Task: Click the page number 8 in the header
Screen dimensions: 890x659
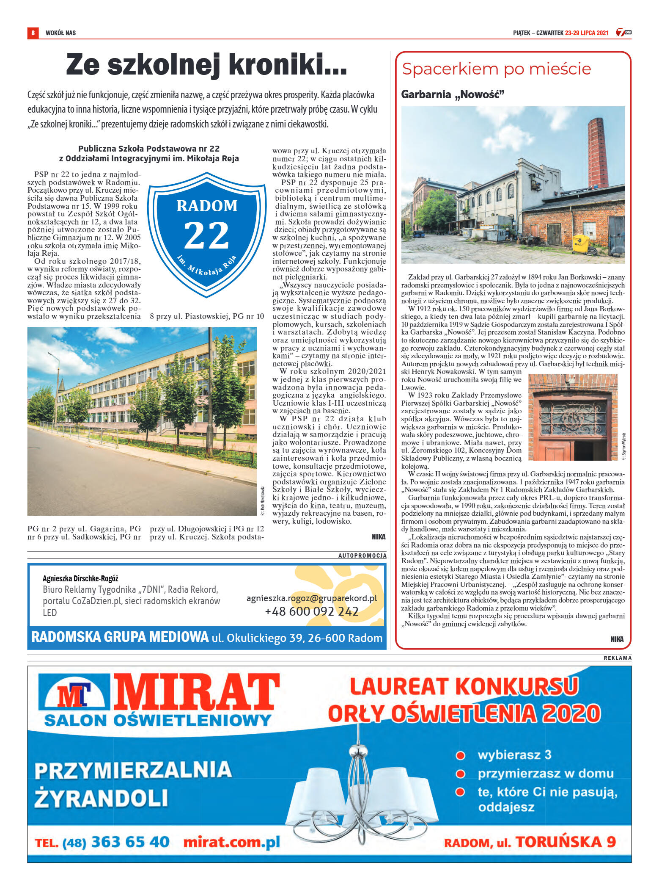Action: pyautogui.click(x=33, y=33)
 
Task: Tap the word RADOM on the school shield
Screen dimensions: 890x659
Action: pyautogui.click(x=207, y=206)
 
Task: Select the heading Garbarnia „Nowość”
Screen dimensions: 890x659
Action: pyautogui.click(x=453, y=94)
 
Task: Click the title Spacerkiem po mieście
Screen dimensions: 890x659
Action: pyautogui.click(x=496, y=69)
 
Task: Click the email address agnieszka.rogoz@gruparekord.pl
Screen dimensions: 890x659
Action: pyautogui.click(x=312, y=598)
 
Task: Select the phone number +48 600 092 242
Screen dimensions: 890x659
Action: pyautogui.click(x=312, y=611)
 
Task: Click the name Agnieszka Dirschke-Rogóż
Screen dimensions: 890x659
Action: pyautogui.click(x=80, y=578)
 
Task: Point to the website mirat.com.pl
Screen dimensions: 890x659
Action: pyautogui.click(x=231, y=842)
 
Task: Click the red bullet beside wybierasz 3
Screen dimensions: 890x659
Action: pyautogui.click(x=460, y=755)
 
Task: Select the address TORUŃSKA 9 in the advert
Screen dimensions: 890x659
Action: pyautogui.click(x=566, y=842)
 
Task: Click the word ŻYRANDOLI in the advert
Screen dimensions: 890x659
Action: pyautogui.click(x=101, y=798)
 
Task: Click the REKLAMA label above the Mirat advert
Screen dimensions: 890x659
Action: pyautogui.click(x=617, y=658)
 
